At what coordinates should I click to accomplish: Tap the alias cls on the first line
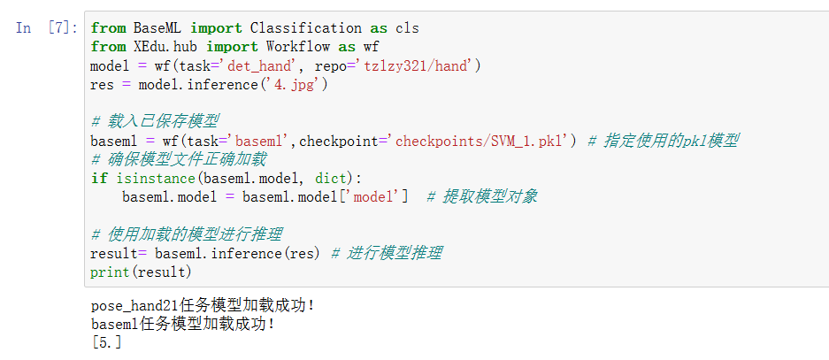pos(407,28)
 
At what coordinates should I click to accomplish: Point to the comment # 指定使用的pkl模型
pos(663,141)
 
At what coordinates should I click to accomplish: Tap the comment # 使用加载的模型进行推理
pos(186,234)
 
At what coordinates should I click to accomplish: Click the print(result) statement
pos(141,272)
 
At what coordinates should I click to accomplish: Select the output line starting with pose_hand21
pos(203,306)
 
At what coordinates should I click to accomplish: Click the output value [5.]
pos(106,342)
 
